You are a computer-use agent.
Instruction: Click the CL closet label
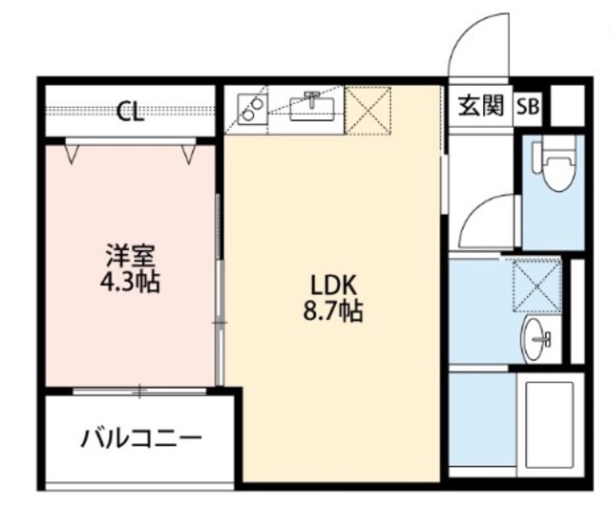(131, 111)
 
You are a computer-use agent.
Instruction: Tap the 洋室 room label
(131, 256)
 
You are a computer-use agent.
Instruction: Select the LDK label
(333, 285)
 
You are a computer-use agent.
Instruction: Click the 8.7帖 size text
(333, 311)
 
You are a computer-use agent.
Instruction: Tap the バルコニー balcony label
(141, 437)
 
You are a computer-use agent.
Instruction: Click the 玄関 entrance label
(481, 106)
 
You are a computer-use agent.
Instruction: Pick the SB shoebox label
(528, 106)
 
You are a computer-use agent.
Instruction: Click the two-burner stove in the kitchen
(252, 110)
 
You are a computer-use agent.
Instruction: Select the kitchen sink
(312, 106)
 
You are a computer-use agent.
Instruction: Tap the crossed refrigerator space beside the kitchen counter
(369, 111)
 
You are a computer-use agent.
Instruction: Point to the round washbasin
(537, 339)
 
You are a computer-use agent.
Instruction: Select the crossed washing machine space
(537, 286)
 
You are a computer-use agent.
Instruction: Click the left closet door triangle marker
(72, 154)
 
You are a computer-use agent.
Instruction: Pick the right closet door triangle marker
(189, 154)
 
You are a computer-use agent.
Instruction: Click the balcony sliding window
(139, 391)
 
